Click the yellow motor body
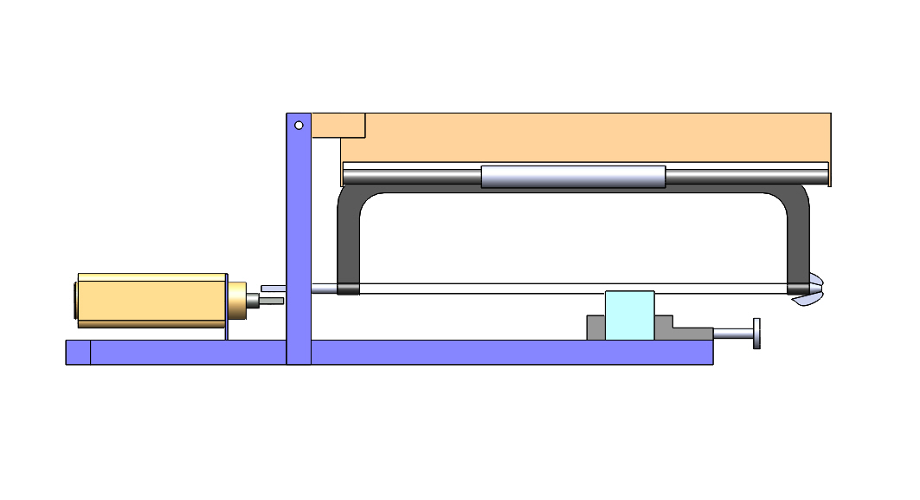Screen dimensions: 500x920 (151, 300)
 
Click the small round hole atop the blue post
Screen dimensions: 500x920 (299, 125)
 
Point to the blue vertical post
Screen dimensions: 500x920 (299, 243)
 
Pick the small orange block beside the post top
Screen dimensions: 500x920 (338, 125)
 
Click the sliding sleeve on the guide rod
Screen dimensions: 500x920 (573, 177)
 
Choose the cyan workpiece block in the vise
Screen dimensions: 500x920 (629, 315)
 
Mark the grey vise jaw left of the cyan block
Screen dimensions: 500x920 (595, 328)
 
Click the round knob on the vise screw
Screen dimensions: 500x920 (757, 334)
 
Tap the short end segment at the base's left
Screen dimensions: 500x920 (78, 353)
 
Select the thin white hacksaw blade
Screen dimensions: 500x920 (563, 289)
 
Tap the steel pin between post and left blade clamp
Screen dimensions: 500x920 (324, 289)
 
